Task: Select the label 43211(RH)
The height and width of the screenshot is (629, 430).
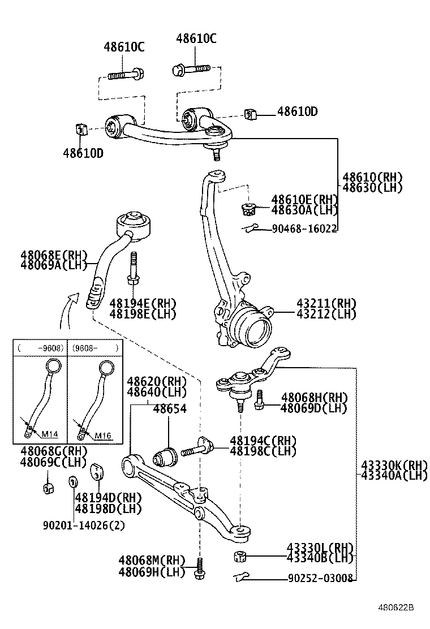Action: pos(326,303)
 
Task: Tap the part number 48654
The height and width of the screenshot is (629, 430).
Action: pos(169,408)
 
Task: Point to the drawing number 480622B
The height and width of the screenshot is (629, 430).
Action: pos(396,608)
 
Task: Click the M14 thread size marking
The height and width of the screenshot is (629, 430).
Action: pos(50,435)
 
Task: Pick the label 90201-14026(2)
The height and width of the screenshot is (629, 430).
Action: pos(84,524)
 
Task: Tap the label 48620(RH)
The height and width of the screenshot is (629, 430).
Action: pos(157,382)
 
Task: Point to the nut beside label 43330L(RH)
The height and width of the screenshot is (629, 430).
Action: pos(239,556)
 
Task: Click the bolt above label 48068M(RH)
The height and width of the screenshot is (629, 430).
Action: pos(199,568)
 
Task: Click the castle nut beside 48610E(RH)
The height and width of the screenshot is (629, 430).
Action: pos(248,209)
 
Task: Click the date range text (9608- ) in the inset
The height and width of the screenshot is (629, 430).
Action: pos(94,348)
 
